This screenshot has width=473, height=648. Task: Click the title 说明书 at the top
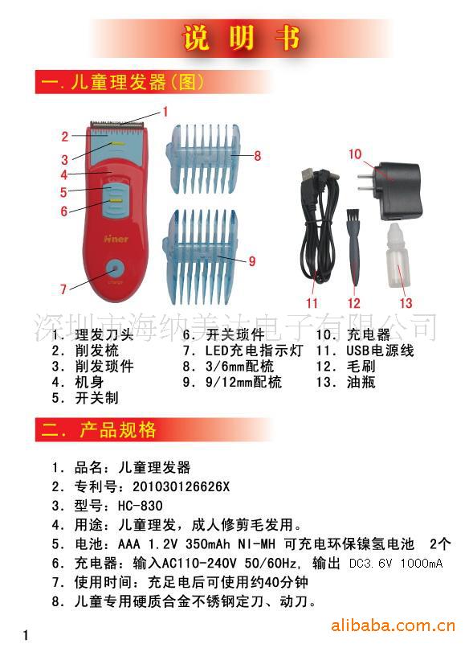click(241, 38)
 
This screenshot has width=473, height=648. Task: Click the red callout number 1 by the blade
click(165, 112)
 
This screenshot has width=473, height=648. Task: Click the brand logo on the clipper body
click(116, 239)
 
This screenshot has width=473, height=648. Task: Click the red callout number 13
click(406, 303)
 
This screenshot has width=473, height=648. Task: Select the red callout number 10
click(355, 154)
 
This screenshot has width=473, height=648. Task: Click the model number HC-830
click(141, 506)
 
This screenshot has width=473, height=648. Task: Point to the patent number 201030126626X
click(181, 486)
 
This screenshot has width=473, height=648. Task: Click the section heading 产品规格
click(118, 430)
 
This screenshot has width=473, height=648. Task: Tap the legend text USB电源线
click(380, 351)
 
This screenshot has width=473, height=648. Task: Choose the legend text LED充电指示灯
click(255, 351)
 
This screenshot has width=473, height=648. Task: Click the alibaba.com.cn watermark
click(393, 625)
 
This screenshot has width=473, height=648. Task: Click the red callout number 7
click(63, 289)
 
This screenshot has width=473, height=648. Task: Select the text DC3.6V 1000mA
click(396, 564)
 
